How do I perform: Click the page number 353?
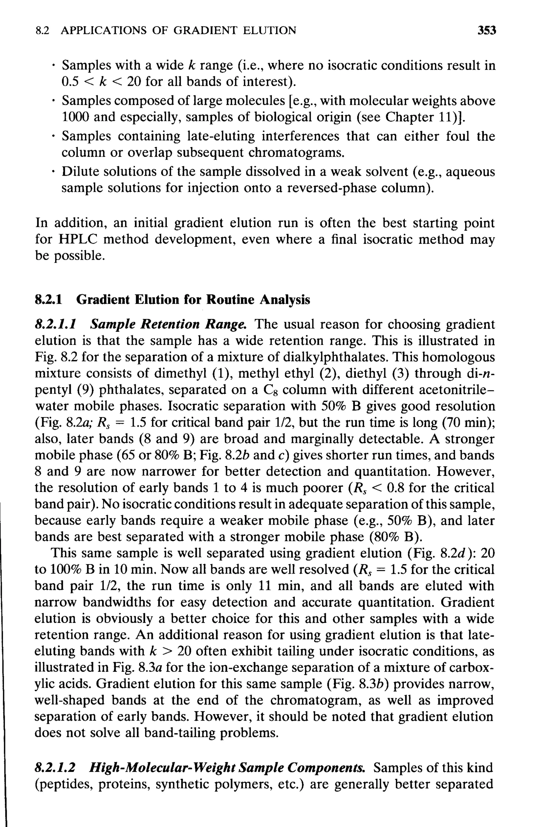point(486,31)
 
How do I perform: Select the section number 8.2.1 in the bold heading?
point(49,299)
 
